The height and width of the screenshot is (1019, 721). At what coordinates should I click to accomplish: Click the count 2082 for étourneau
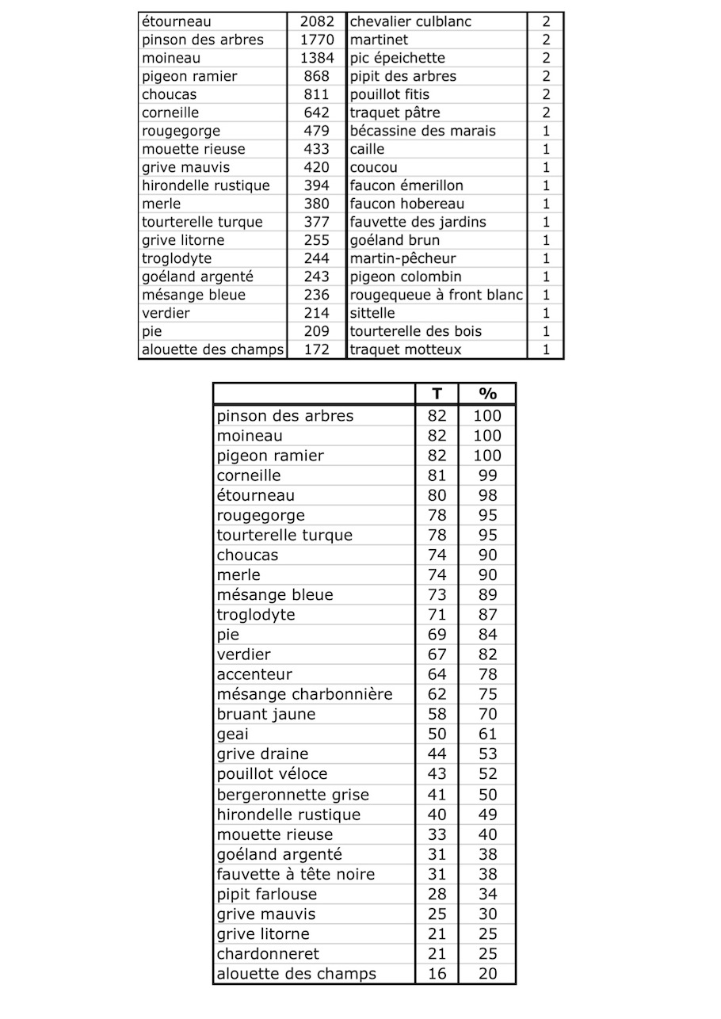pyautogui.click(x=317, y=21)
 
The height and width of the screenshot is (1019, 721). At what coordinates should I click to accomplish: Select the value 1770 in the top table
pyautogui.click(x=317, y=40)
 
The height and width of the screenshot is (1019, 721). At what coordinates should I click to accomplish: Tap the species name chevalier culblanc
pyautogui.click(x=410, y=21)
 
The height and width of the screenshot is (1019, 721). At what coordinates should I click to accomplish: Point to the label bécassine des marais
pyautogui.click(x=422, y=131)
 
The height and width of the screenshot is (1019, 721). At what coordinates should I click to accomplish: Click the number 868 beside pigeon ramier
pyautogui.click(x=317, y=76)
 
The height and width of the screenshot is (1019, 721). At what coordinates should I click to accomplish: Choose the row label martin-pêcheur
pyautogui.click(x=402, y=258)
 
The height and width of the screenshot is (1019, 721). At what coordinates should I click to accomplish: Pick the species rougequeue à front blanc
pyautogui.click(x=437, y=295)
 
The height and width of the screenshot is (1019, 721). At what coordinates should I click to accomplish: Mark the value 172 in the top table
pyautogui.click(x=317, y=349)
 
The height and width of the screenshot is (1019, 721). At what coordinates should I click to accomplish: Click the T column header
pyautogui.click(x=437, y=394)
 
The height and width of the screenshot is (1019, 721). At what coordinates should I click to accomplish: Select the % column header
pyautogui.click(x=487, y=394)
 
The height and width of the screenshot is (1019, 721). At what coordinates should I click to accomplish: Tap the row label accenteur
pyautogui.click(x=254, y=674)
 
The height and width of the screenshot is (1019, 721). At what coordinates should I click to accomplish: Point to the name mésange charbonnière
pyautogui.click(x=304, y=694)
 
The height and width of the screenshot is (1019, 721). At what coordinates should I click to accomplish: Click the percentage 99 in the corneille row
pyautogui.click(x=487, y=475)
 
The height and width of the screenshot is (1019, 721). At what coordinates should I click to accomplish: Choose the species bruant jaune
pyautogui.click(x=266, y=714)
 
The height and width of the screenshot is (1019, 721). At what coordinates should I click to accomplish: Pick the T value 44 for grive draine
pyautogui.click(x=437, y=754)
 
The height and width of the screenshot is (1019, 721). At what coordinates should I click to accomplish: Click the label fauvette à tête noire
pyautogui.click(x=296, y=874)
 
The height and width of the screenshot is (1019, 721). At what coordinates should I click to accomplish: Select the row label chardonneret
pyautogui.click(x=268, y=953)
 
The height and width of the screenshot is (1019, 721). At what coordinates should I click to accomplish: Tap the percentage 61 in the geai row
pyautogui.click(x=487, y=734)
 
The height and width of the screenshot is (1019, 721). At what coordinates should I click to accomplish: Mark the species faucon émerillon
pyautogui.click(x=406, y=185)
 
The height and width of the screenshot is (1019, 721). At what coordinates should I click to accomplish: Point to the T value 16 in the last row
pyautogui.click(x=437, y=973)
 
